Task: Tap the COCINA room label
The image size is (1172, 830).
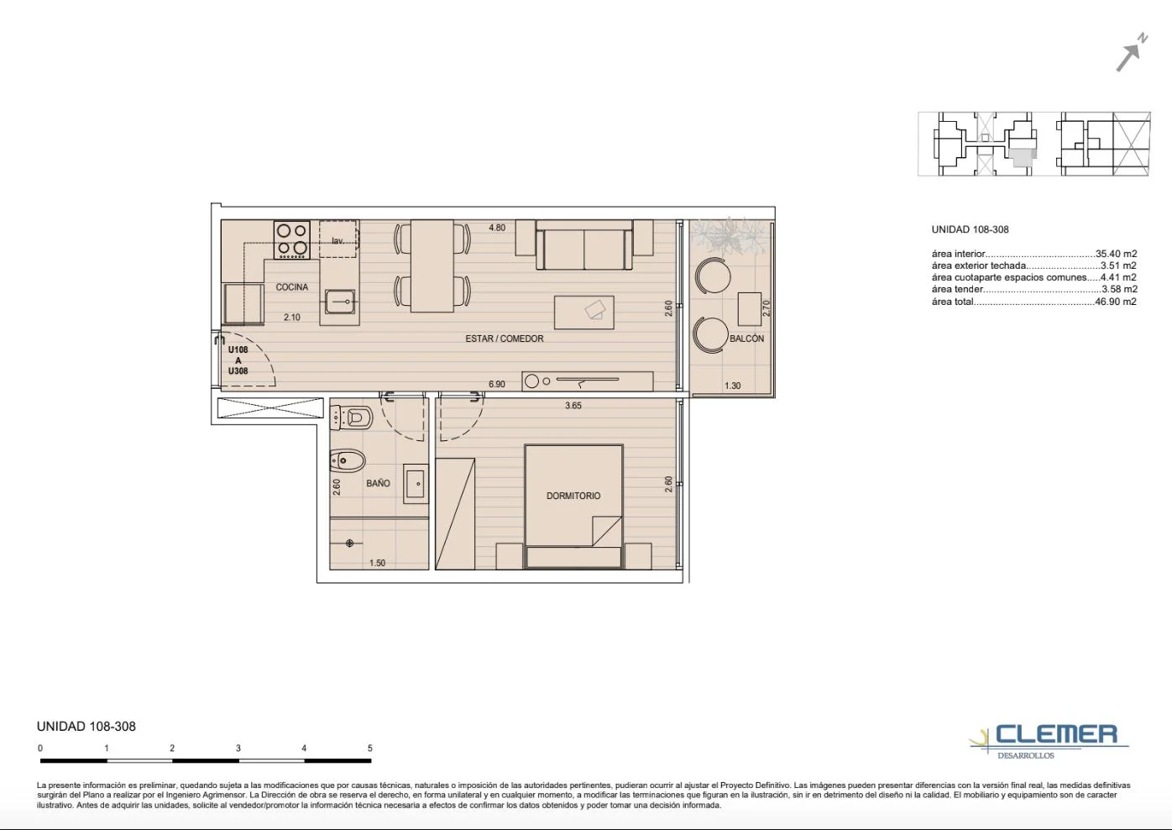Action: click(292, 287)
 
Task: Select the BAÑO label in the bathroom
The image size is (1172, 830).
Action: click(378, 483)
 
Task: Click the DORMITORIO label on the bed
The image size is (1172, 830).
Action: click(573, 496)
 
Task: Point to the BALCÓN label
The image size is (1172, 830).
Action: click(746, 339)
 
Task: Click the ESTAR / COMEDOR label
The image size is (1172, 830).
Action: click(505, 339)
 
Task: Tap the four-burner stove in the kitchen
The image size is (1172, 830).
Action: click(292, 239)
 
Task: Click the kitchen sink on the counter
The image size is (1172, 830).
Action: click(339, 302)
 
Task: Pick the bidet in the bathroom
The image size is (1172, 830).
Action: click(348, 461)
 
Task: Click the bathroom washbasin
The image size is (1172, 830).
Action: click(416, 484)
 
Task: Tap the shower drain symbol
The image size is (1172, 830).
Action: click(349, 543)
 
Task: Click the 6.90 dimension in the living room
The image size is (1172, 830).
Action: click(496, 384)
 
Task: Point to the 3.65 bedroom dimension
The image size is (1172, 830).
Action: click(573, 405)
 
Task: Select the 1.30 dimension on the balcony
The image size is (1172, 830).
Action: click(732, 386)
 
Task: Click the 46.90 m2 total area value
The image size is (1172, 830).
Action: click(1116, 302)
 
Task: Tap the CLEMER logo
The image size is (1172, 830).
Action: click(1049, 740)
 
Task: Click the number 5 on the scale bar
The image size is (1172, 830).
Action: click(370, 748)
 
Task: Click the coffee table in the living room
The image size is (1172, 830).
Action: click(584, 313)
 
